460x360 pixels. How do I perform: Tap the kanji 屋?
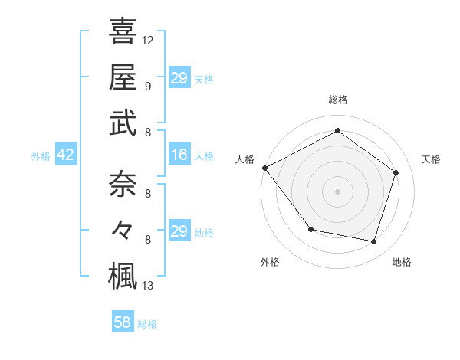(123, 77)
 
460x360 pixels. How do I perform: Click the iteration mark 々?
(123, 229)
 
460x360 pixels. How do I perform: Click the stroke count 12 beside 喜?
(148, 40)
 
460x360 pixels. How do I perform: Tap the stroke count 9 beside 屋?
(148, 87)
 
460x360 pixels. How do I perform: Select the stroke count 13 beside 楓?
(148, 286)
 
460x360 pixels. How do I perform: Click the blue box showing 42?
(66, 155)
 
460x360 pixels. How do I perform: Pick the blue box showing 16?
(179, 155)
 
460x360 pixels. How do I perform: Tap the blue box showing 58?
(122, 323)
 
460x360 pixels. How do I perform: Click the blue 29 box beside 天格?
(179, 78)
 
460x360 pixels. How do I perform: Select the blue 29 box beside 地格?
(179, 231)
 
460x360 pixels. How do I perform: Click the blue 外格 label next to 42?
(41, 156)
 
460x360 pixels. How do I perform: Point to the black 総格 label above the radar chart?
(337, 100)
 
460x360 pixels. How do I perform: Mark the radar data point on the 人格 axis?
(264, 168)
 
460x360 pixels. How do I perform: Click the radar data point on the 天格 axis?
(396, 172)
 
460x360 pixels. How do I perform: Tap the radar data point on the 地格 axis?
(373, 241)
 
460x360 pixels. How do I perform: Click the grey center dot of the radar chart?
(337, 191)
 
